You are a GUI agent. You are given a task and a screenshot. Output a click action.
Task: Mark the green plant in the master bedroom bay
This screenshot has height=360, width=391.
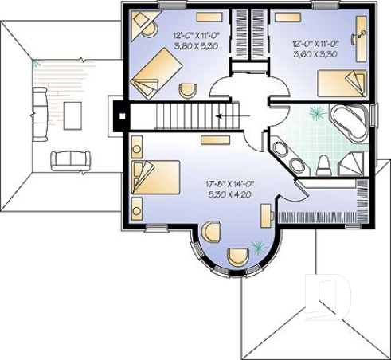256,245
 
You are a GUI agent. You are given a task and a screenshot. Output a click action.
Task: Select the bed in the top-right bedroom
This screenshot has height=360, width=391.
341,83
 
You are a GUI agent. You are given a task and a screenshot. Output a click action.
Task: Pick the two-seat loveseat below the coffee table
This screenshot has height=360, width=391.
66,160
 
